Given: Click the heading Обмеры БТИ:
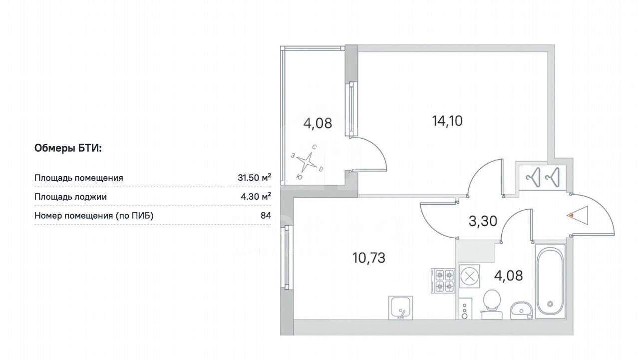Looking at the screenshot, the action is point(68,148).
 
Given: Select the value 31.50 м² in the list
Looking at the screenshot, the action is point(255,178).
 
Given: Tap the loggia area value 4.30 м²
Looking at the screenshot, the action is point(256,197).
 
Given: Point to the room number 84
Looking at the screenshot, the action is point(266,215).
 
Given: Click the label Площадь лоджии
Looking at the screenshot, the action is point(70,197).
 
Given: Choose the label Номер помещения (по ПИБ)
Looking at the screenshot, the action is point(94,216).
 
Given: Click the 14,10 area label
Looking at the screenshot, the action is point(447,121).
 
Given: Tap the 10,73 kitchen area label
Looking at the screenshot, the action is point(369,258).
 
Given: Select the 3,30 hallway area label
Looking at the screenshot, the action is point(483,221).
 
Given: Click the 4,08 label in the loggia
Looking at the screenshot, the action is point(318,123).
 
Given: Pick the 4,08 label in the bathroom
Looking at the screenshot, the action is point(508,276).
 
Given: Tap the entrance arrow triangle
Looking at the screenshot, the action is point(578,215).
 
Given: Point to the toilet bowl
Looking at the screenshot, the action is point(492,304).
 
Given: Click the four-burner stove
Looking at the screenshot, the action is point(443,281).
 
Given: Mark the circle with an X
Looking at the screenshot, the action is point(470,276).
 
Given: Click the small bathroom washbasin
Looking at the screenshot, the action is point(521,311).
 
